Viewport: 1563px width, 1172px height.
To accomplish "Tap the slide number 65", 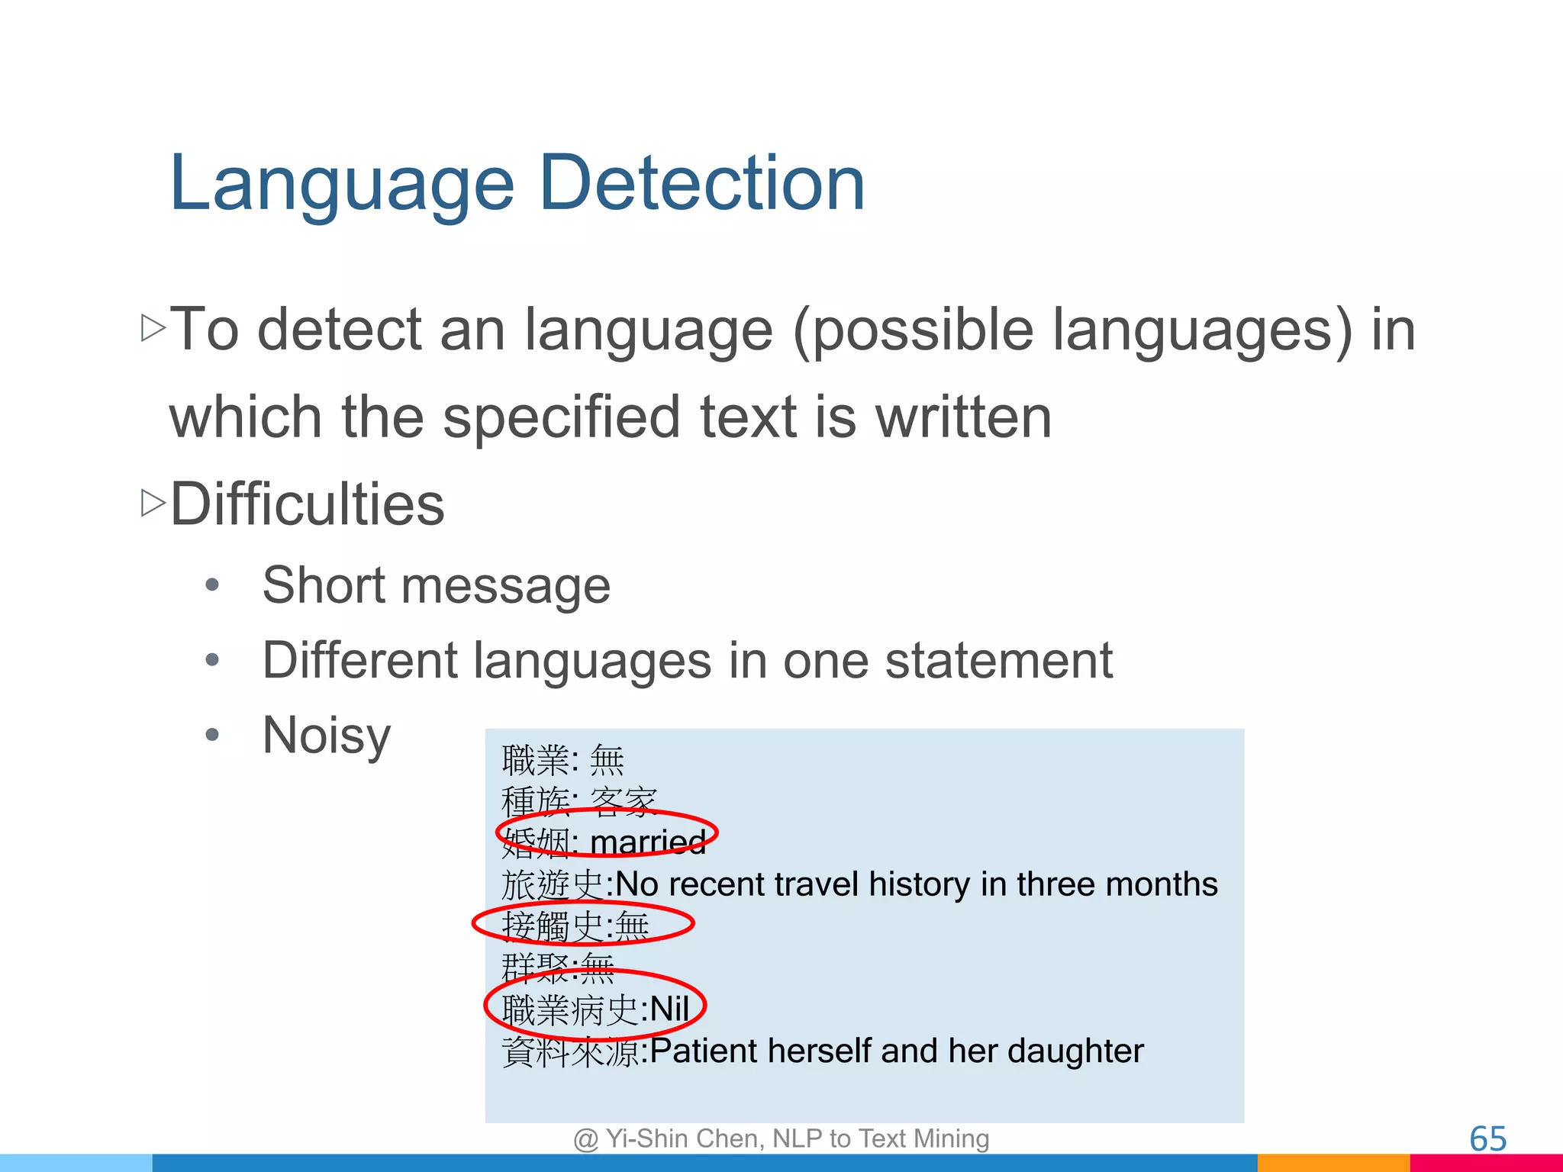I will tap(1487, 1139).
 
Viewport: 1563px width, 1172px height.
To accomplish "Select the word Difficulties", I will tap(307, 504).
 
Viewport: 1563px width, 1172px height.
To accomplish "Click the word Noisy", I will tap(327, 736).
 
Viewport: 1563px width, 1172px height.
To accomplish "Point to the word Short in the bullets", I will tap(324, 586).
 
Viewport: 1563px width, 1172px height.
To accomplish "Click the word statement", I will tap(998, 660).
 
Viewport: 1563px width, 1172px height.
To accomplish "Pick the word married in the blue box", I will tap(648, 842).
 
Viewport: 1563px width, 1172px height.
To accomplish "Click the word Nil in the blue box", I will tap(669, 1009).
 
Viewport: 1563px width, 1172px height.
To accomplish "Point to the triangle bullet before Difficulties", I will tap(153, 503).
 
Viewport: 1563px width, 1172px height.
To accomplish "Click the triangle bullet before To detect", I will tap(153, 328).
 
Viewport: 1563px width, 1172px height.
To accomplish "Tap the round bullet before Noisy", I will tap(212, 736).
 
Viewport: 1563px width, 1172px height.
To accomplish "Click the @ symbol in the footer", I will tap(585, 1139).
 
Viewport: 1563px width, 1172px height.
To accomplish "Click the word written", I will tap(963, 417).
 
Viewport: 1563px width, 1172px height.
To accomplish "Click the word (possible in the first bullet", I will tap(912, 331).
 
